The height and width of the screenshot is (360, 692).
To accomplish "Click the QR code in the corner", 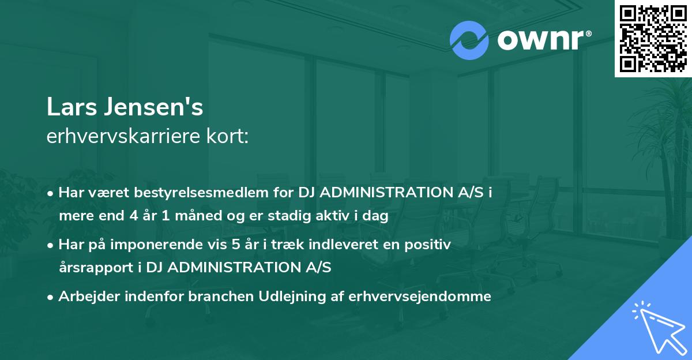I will click(x=653, y=38).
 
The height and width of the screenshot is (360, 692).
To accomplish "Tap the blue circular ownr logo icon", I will click(x=469, y=40).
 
